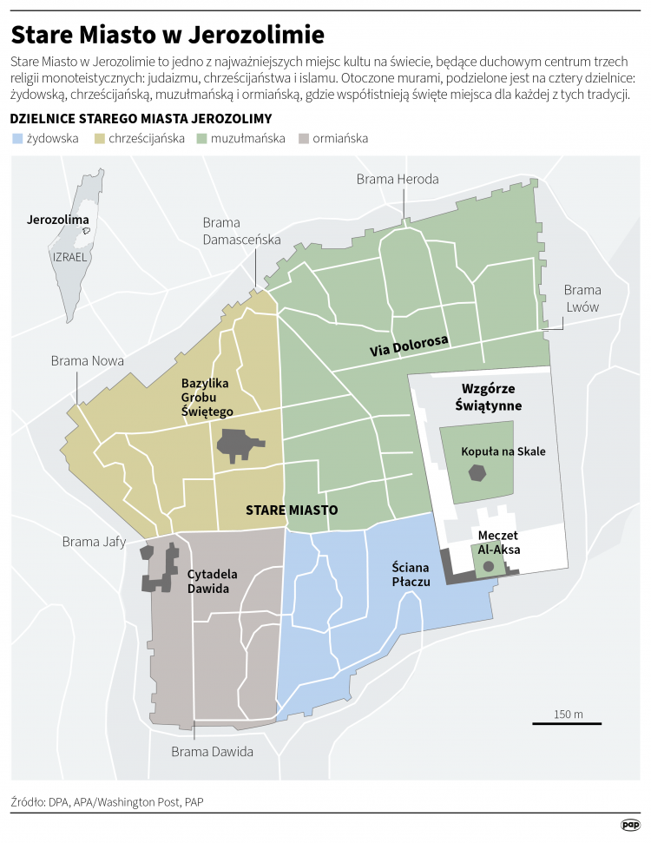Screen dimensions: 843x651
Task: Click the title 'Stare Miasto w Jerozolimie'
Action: pos(168,35)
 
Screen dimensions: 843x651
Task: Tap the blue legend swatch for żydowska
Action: pos(16,138)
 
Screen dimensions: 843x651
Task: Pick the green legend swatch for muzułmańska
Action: pos(202,138)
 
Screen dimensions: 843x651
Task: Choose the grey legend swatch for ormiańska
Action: pos(303,138)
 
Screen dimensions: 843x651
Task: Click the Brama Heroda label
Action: pos(398,179)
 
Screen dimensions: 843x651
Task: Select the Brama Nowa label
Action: pos(87,360)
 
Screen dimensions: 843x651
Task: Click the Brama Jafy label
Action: pos(94,543)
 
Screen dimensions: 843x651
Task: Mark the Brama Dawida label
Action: pos(212,752)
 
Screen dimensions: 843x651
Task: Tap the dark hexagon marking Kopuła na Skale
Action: pos(477,472)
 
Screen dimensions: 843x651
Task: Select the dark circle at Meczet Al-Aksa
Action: pos(489,566)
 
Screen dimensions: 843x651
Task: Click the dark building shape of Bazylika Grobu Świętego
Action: pos(239,445)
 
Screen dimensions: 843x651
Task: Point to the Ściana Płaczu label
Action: pos(411,575)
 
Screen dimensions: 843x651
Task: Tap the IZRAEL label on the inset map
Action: pos(70,258)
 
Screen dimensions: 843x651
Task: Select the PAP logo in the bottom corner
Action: pos(630,825)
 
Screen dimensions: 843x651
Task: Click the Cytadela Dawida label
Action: pos(208,582)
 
